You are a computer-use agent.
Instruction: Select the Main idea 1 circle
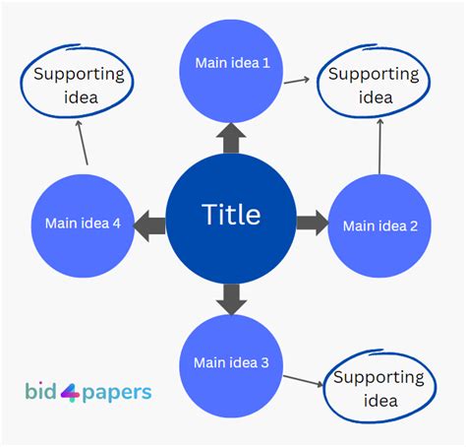[231, 65]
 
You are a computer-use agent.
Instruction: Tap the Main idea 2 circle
[379, 225]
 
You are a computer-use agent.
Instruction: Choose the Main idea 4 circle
[83, 224]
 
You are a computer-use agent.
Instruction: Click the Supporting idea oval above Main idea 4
[79, 86]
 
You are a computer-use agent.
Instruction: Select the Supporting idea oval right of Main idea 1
[374, 86]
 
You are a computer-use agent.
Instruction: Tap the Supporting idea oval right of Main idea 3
[379, 388]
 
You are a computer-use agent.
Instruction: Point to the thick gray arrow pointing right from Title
[312, 223]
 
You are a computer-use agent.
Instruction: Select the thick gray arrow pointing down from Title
[231, 297]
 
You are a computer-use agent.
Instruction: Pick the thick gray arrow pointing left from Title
[149, 223]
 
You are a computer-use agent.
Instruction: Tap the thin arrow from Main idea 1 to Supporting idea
[298, 81]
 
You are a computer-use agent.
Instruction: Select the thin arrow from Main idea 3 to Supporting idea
[304, 380]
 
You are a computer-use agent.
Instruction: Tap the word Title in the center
[231, 214]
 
